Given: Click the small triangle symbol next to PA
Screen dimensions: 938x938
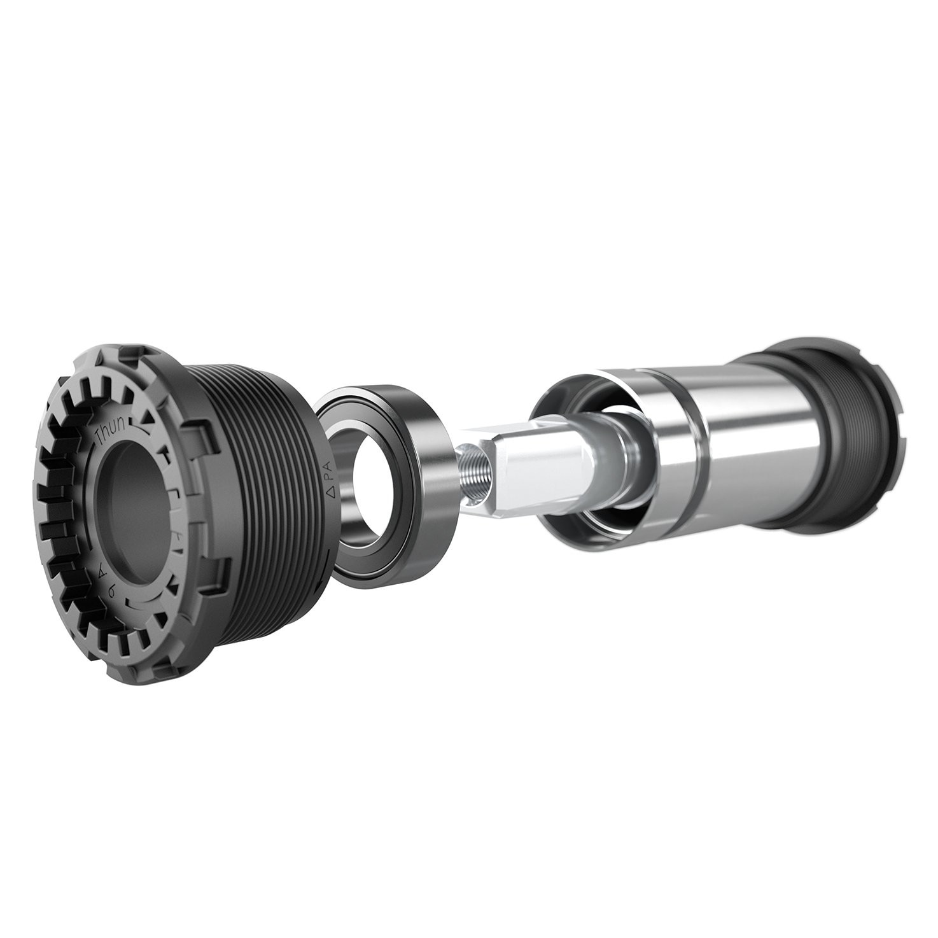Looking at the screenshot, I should [330, 493].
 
